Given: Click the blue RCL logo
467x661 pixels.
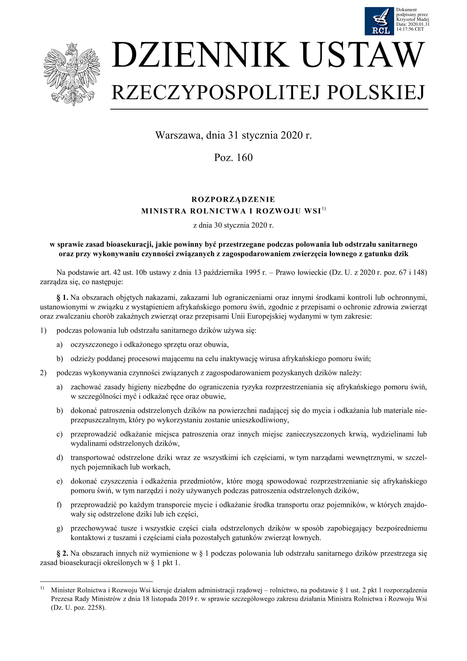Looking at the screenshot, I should [x=379, y=21].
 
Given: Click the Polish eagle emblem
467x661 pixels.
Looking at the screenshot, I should [x=72, y=74].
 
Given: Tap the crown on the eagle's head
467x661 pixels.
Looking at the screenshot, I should [x=72, y=46].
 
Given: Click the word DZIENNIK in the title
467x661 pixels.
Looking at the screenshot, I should [x=200, y=55].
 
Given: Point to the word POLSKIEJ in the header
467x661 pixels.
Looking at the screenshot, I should [x=376, y=93].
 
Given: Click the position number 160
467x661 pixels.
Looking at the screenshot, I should [x=245, y=157].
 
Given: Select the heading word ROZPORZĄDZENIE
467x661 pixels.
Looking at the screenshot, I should [x=233, y=199].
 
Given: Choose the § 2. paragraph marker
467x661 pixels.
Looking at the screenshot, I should [x=62, y=553].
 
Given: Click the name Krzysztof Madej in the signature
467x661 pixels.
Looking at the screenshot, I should [x=412, y=19].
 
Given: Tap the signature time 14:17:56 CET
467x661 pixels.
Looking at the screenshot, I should [x=410, y=29].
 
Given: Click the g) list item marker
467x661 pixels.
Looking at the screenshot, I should [x=60, y=528].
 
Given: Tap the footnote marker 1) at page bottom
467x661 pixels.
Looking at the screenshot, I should [x=42, y=588].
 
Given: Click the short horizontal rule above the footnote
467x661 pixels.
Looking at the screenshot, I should [x=96, y=581].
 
